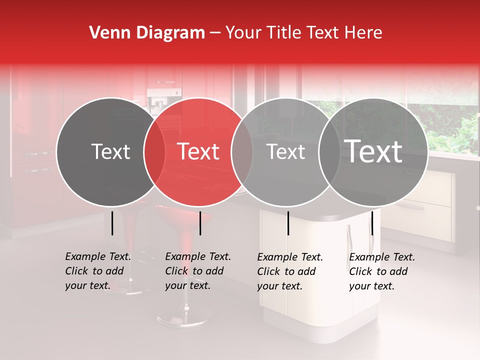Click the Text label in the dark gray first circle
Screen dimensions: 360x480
[110, 152]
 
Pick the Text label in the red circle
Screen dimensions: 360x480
[198, 152]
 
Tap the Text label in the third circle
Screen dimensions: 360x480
[286, 152]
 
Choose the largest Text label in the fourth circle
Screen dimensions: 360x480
[373, 151]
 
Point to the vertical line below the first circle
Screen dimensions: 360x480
[112, 223]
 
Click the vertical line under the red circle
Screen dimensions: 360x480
[200, 223]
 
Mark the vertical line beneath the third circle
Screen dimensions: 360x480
[288, 223]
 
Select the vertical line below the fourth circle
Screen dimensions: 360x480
[372, 223]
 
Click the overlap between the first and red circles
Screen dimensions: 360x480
[154, 152]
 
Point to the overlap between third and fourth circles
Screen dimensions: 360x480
[329, 152]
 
